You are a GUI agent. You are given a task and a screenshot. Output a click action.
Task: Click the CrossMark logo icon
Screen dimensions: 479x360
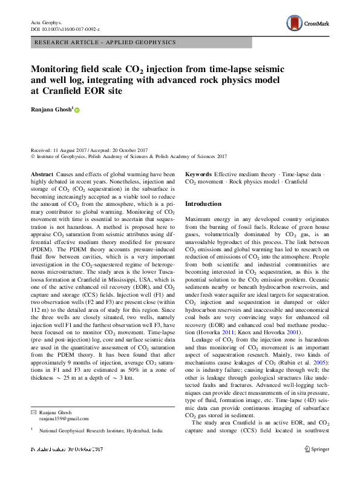tap(295, 24)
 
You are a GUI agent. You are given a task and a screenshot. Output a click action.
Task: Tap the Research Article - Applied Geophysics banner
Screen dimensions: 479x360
tap(106, 42)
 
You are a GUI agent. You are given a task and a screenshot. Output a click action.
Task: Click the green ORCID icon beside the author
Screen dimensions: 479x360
tap(77, 110)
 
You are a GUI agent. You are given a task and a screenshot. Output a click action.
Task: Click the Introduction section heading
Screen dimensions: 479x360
tap(203, 204)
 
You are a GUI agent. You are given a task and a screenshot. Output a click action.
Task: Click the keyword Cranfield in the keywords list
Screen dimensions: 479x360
tap(295, 182)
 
